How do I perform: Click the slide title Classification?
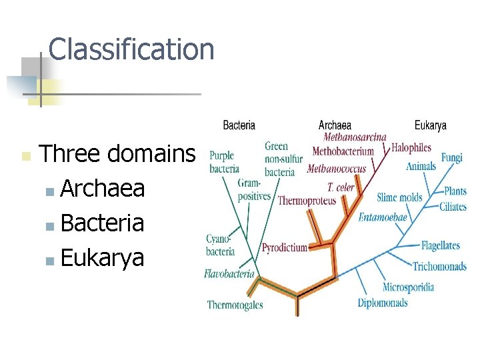(x=131, y=49)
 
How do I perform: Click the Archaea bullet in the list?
(x=103, y=189)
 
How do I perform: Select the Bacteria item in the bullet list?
(x=102, y=223)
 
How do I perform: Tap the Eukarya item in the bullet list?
(x=102, y=257)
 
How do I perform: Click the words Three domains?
(x=117, y=155)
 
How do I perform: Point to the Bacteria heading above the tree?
(x=239, y=125)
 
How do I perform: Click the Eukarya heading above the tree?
(x=431, y=125)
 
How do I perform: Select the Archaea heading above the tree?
(x=335, y=125)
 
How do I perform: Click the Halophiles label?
(x=411, y=147)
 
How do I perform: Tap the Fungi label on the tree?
(x=451, y=157)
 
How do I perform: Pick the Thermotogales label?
(x=235, y=305)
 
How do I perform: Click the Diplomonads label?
(x=383, y=303)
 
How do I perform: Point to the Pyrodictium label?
(x=285, y=247)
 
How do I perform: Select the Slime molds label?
(x=399, y=197)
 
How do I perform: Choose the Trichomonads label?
(x=439, y=267)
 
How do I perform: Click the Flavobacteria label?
(x=229, y=273)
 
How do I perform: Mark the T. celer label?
(x=341, y=187)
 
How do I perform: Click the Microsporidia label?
(x=408, y=287)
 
